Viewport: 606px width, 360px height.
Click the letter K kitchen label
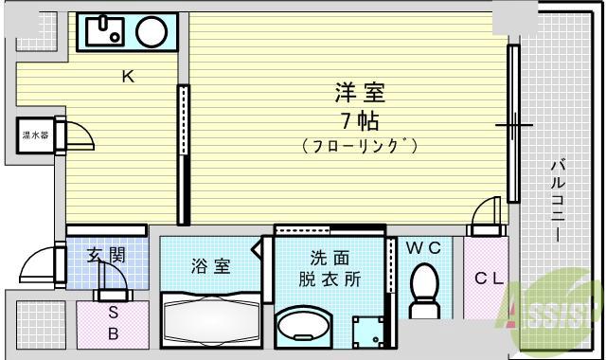tap(126, 78)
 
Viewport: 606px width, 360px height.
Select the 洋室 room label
tap(360, 93)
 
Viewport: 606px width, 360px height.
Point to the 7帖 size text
tap(360, 120)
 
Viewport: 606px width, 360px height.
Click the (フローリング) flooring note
tap(360, 147)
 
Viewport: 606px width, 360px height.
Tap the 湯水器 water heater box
tap(35, 135)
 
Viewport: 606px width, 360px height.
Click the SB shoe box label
tap(112, 322)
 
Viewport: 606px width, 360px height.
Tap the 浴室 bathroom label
tap(210, 266)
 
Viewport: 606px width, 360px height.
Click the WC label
tap(423, 248)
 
